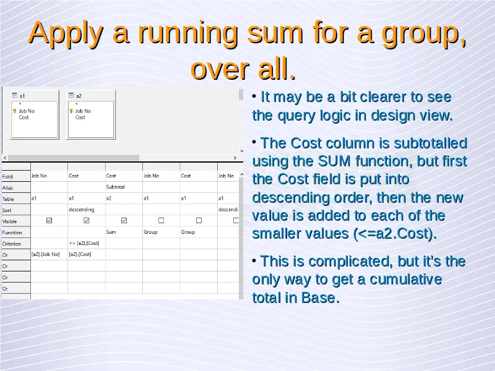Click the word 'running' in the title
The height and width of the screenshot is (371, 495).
[188, 33]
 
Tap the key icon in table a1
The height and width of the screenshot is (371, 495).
[14, 111]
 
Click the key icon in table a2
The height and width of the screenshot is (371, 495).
[71, 111]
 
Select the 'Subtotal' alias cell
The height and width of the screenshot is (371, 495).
[115, 187]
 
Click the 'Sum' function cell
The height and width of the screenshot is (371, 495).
[111, 232]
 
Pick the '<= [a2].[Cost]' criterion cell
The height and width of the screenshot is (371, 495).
[84, 243]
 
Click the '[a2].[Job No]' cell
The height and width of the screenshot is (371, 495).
[45, 254]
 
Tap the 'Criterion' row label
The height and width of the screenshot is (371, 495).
[12, 244]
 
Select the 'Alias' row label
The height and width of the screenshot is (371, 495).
[7, 188]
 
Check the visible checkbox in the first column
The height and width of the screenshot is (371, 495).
[49, 221]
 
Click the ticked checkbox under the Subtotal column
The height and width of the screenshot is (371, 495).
[124, 221]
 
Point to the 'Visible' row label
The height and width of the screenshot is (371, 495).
[9, 221]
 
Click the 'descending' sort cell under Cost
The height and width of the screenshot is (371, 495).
[82, 210]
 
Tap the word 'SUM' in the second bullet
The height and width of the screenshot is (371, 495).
[334, 161]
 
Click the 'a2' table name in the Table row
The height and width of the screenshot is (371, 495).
[109, 198]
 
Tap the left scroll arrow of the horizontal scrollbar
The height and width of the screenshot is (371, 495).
[5, 158]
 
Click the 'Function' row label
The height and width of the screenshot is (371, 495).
[12, 233]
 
